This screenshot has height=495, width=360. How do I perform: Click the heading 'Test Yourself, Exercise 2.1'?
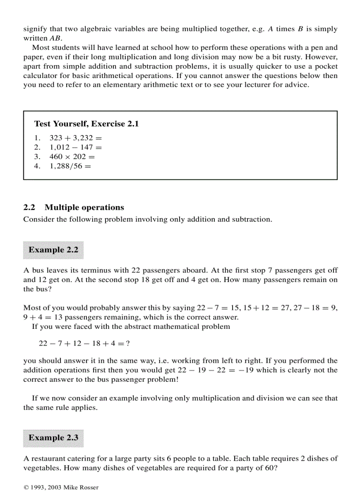tap(86, 124)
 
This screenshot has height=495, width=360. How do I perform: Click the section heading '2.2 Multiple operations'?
tap(74, 208)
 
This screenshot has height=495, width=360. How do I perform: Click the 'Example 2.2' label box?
tap(53, 250)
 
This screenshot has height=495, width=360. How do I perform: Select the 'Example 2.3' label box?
tap(53, 438)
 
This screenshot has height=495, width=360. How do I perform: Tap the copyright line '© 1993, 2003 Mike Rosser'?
tap(61, 487)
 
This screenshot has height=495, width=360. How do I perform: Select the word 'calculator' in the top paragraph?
tap(41, 76)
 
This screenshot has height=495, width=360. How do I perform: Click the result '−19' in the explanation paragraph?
tap(247, 370)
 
